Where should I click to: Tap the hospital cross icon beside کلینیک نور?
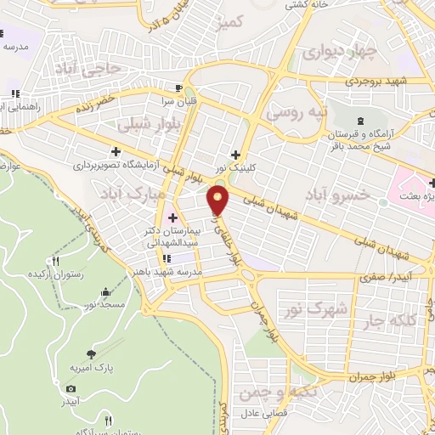[235, 131]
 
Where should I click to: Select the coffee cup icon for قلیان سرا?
[178, 88]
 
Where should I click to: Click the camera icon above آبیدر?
[70, 387]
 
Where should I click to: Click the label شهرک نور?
[324, 311]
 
